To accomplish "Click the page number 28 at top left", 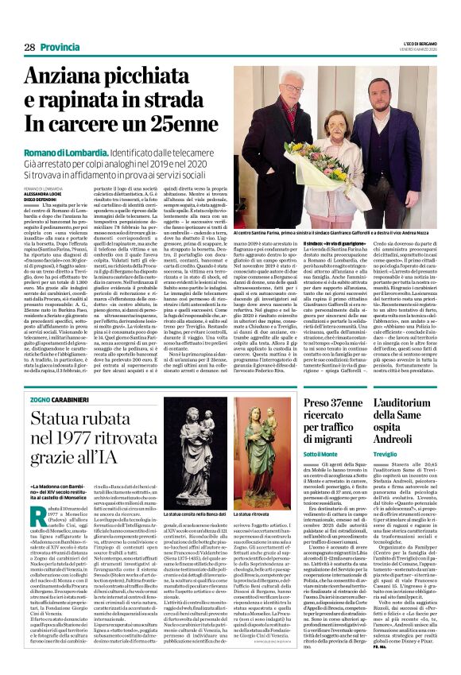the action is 29,48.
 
